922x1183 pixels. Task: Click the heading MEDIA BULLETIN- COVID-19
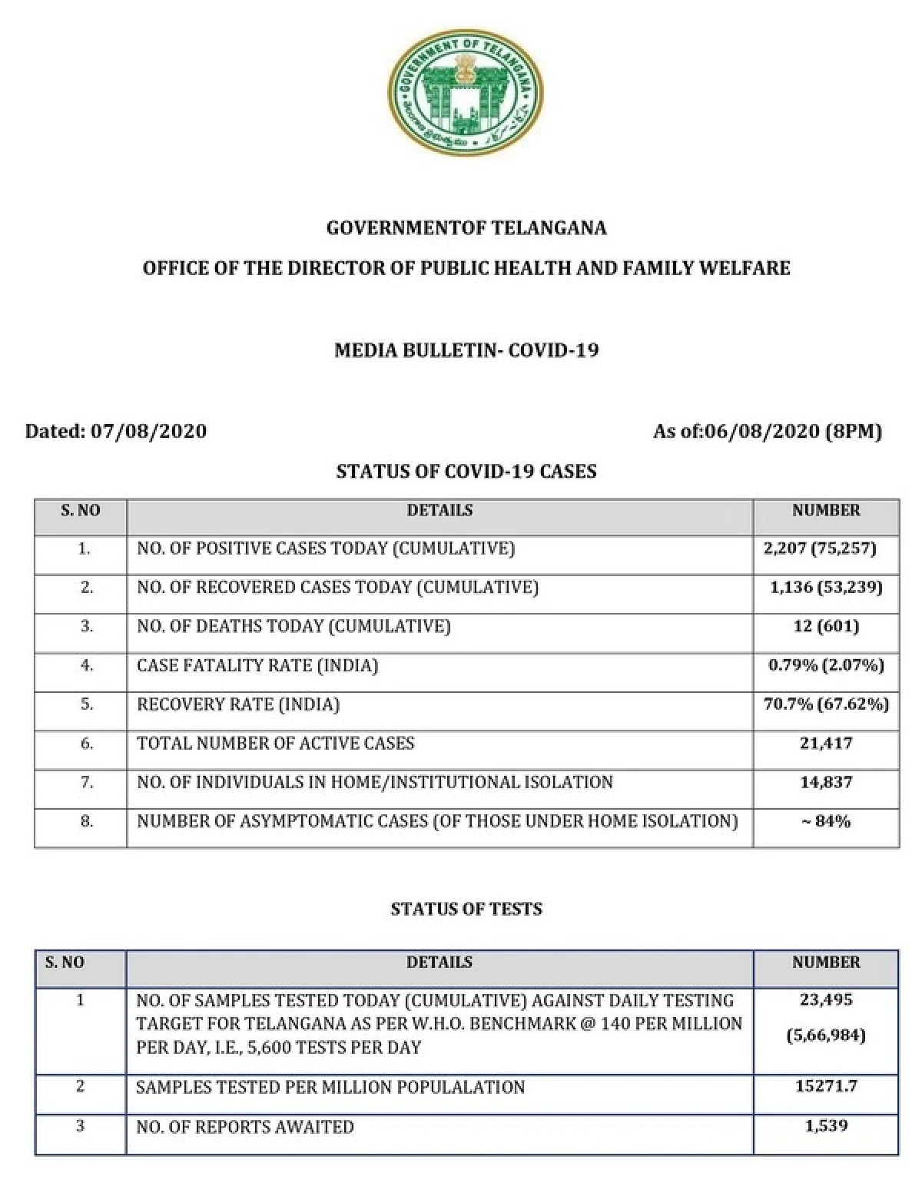pos(466,350)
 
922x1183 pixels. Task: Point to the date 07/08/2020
pos(149,431)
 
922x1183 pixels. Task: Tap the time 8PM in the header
pos(854,431)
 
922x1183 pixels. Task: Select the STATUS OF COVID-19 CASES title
pos(466,472)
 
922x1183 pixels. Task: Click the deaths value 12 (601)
pos(826,626)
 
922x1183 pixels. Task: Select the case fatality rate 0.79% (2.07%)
pos(826,665)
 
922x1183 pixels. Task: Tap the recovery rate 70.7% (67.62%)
pos(826,704)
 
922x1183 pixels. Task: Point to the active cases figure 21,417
pos(826,744)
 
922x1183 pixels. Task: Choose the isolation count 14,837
pos(826,783)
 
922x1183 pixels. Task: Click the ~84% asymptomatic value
pos(826,822)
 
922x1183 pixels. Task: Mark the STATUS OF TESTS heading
pos(466,910)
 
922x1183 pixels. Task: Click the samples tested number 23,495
pos(826,1000)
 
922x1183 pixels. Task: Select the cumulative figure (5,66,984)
pos(826,1036)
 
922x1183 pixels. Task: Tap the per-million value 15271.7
pos(826,1086)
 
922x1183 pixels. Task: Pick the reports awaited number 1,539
pos(826,1126)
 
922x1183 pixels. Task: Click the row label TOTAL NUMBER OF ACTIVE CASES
pos(275,744)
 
